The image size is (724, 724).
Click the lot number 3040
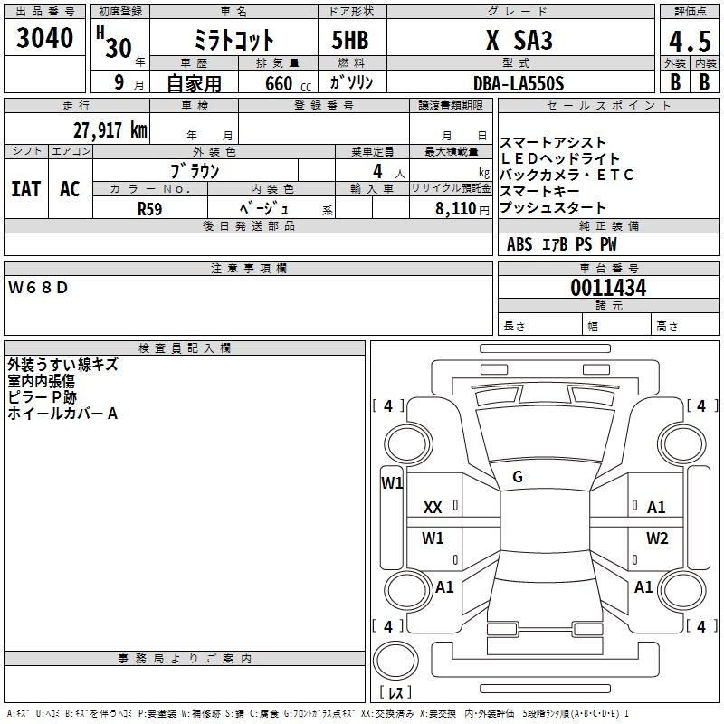click(45, 40)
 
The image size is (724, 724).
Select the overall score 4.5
click(689, 42)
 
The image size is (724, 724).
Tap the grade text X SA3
click(519, 41)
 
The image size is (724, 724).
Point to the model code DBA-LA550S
click(519, 83)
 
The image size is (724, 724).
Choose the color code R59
click(150, 208)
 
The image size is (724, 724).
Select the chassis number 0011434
click(608, 289)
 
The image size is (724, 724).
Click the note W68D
click(39, 288)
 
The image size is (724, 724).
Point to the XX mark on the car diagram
click(433, 508)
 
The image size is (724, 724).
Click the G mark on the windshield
click(518, 477)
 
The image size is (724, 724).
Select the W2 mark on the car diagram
click(657, 538)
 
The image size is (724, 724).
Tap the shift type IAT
click(25, 189)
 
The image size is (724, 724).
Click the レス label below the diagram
click(395, 692)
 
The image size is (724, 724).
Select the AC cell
click(70, 189)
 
